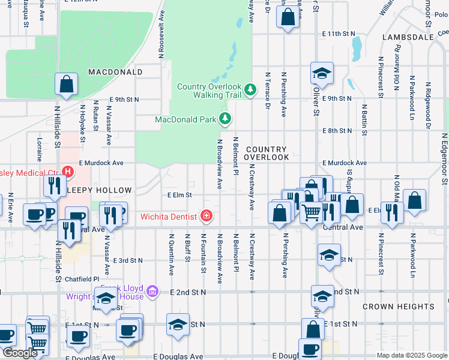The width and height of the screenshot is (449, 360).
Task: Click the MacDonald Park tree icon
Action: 225,119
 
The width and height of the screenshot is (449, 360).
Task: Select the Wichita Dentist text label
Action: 170,216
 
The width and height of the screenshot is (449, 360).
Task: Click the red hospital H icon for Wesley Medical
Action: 68,172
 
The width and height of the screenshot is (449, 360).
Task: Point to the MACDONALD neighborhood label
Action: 115,72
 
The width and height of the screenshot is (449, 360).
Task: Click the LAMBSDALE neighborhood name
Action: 406,37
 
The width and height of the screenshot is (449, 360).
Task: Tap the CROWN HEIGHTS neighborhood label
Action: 398,306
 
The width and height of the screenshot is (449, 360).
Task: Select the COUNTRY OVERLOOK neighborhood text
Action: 268,153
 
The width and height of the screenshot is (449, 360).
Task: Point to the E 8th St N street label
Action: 337,130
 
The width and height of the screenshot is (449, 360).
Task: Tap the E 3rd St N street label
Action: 128,260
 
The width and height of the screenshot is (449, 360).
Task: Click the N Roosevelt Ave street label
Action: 161,33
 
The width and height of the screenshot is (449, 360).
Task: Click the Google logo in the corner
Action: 19,353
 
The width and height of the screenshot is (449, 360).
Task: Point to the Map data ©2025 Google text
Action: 412,355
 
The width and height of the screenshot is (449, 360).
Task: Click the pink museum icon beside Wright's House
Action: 153,292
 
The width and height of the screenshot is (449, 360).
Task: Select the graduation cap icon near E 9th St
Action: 322,73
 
